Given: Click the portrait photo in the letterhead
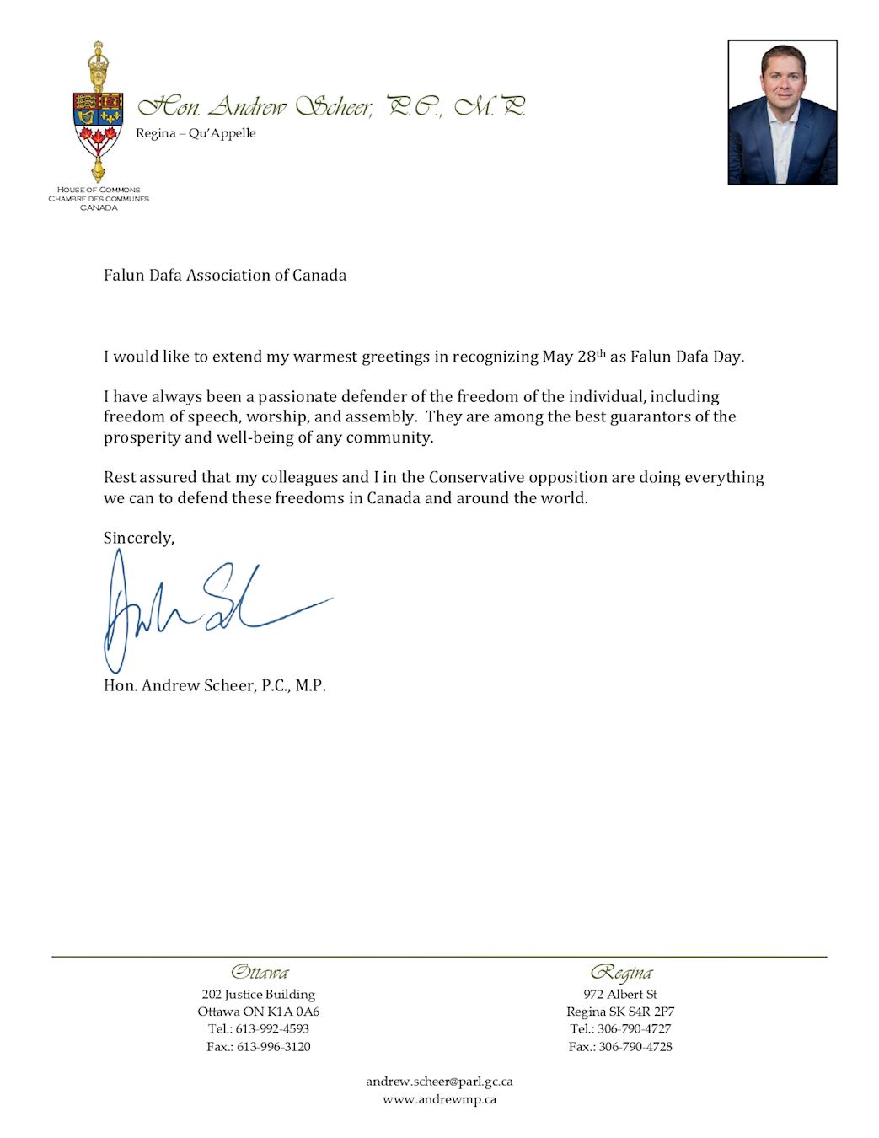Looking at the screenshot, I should click(x=782, y=112).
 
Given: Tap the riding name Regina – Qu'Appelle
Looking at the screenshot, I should click(x=196, y=133).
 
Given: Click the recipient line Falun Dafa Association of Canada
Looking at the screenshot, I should click(x=225, y=276).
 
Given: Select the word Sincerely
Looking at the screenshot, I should click(x=138, y=538).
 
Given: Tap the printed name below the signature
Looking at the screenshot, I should click(x=215, y=685).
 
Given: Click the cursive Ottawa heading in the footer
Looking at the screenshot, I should click(x=260, y=972).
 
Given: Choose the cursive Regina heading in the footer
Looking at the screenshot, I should click(x=621, y=973).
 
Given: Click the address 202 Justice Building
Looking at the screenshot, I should click(x=259, y=995).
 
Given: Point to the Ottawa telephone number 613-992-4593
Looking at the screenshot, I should click(x=272, y=1029).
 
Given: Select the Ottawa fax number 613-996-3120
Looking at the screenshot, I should click(x=274, y=1047).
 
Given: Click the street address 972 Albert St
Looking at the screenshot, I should click(x=620, y=995).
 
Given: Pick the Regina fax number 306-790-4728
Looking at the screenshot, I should click(x=635, y=1047).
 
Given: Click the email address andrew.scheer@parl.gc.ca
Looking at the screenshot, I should click(x=439, y=1082).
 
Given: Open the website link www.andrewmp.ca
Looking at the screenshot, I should click(x=439, y=1099).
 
